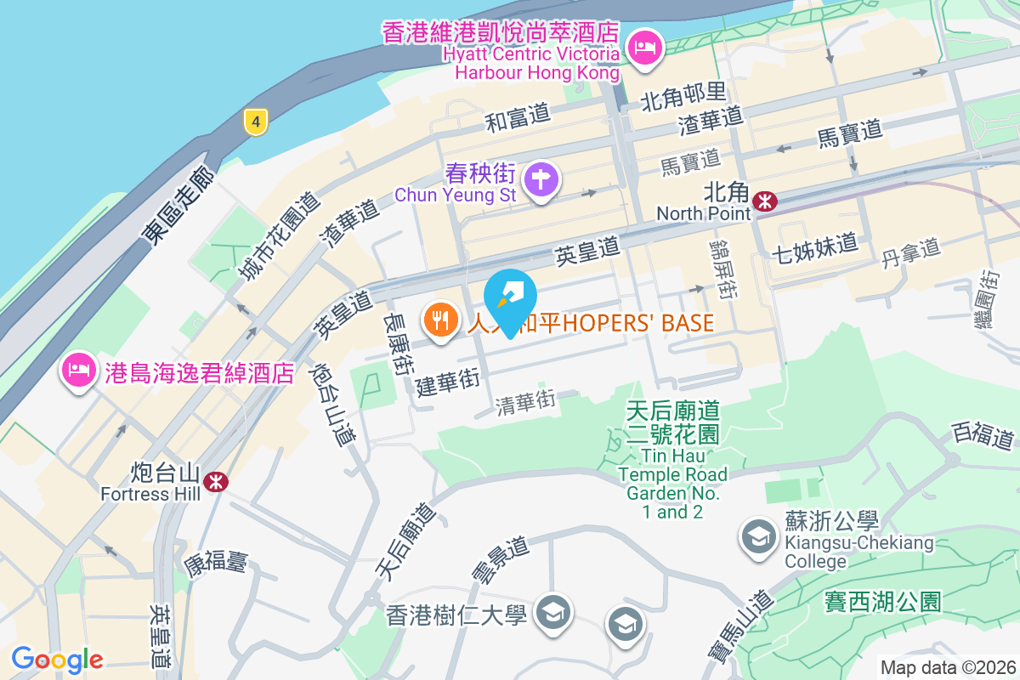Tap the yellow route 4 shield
[255, 121]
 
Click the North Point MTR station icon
[766, 201]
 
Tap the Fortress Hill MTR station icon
[216, 482]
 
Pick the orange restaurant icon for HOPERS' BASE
[439, 322]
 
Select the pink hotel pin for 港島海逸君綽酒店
[77, 371]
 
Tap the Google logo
[57, 659]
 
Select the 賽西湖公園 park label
[882, 602]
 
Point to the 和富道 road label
[518, 120]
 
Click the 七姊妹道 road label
[814, 250]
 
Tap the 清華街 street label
[525, 403]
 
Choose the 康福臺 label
[215, 562]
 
